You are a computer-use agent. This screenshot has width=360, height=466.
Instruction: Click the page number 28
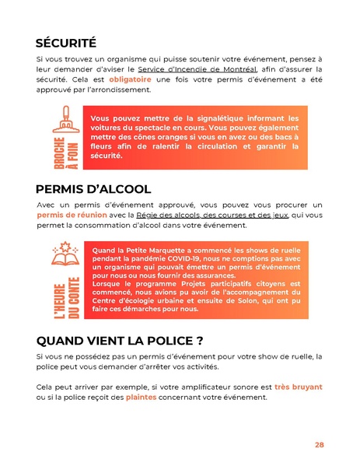[319, 445]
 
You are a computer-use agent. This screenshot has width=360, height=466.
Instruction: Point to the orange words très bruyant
[299, 387]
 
